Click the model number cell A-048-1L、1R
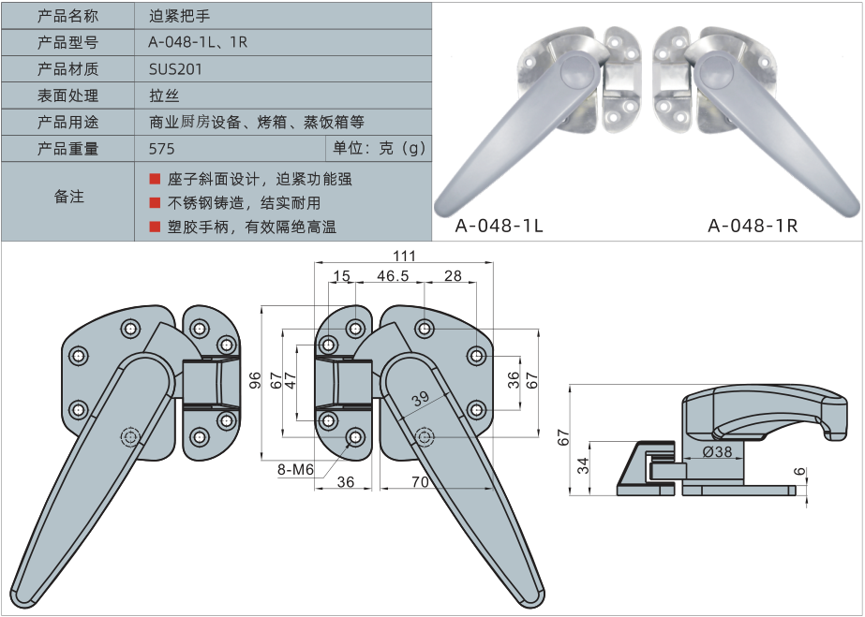[198, 42]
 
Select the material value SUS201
[175, 69]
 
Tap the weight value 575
[162, 149]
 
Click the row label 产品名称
[67, 16]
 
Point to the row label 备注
[67, 197]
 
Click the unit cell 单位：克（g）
[379, 149]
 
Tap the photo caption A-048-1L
[499, 226]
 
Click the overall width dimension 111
[404, 256]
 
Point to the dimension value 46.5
[393, 276]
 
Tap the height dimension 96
[254, 379]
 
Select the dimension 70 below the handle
[418, 482]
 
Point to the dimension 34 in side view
[582, 465]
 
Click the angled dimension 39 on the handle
[420, 398]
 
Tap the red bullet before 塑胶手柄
[155, 227]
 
